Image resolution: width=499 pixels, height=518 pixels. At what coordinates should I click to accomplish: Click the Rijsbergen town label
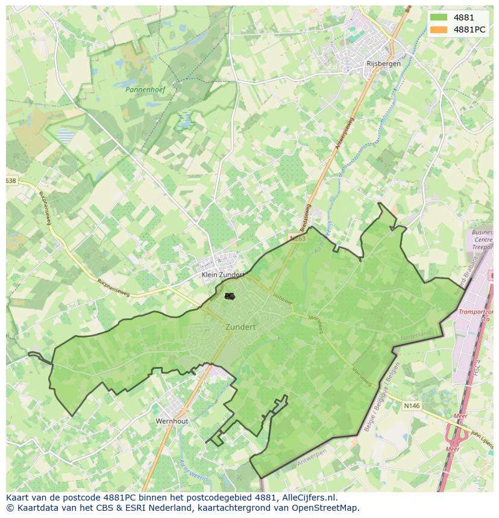pos(383,64)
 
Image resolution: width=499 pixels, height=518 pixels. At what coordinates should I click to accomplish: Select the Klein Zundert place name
pos(222,274)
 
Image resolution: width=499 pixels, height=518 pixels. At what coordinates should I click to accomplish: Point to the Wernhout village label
pos(172,421)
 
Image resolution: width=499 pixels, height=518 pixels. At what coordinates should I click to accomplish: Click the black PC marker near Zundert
pos(230,296)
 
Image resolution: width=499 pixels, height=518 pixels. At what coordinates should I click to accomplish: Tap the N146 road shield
pos(412,406)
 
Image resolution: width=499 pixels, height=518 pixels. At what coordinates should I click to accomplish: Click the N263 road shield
pos(298,238)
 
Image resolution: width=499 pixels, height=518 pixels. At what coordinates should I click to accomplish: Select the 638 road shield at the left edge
pos(11,180)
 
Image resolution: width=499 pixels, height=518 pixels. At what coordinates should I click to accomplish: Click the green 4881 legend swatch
pos(439,17)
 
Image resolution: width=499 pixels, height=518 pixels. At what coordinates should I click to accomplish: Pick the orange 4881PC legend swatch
pos(439,29)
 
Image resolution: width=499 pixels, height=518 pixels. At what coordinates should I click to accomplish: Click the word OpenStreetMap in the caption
pos(328,508)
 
